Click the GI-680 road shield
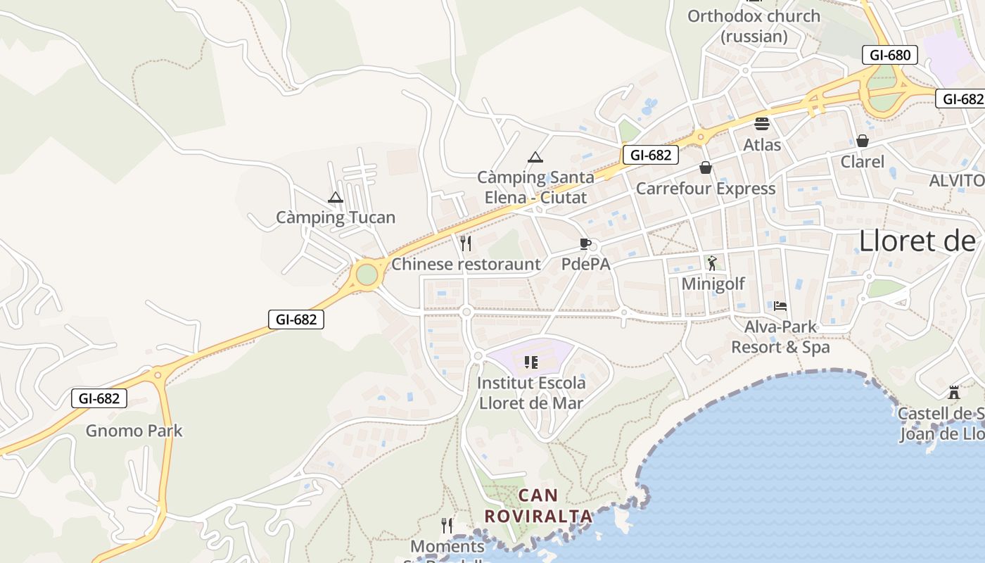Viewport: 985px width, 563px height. pos(889,55)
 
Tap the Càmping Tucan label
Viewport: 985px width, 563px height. pos(336,217)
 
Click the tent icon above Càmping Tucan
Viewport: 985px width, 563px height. pos(336,198)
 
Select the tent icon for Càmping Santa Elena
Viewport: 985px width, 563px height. pos(535,158)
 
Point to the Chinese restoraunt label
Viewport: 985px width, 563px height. pos(466,265)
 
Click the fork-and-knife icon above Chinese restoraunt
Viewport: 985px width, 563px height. pos(465,243)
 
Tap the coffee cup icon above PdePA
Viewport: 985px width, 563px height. pos(585,244)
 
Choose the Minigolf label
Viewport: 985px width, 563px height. pos(713,284)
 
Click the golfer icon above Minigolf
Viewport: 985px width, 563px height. pos(712,263)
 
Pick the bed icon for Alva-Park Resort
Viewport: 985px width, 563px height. pos(780,306)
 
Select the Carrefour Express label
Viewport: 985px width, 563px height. pos(706,189)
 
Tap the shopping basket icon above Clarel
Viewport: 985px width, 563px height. pos(863,141)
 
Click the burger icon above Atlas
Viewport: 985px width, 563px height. pos(762,125)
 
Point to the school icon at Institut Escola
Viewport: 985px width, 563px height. pos(531,362)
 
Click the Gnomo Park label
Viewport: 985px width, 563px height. pos(134,431)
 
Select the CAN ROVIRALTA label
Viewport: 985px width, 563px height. pos(538,506)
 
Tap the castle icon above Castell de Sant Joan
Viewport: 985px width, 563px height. pos(954,392)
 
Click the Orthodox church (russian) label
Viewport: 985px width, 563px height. pos(754,26)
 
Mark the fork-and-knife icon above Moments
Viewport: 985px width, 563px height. pos(447,525)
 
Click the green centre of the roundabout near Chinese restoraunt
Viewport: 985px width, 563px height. pos(367,274)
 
